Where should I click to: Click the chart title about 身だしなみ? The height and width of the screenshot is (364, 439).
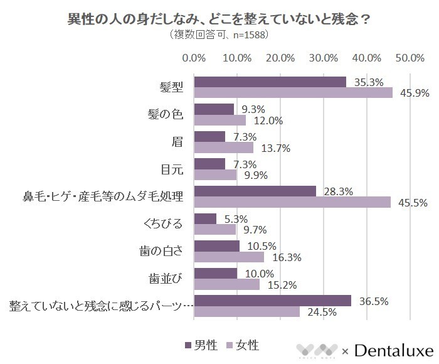coord(219,19)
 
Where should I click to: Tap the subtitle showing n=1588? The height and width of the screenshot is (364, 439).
coord(219,35)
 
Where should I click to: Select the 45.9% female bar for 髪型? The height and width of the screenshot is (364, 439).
coord(293,93)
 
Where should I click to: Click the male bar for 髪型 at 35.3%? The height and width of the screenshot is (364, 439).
coord(270,82)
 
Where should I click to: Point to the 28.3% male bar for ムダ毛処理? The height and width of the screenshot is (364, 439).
coord(255,191)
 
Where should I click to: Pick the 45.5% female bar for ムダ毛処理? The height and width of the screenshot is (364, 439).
coord(292,202)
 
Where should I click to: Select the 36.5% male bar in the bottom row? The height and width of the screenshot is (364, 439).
coord(272,300)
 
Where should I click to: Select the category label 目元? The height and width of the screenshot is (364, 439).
coord(171,169)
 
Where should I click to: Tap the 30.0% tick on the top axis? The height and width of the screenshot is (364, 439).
coord(324,58)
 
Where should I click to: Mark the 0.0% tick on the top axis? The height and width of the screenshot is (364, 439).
coord(194,58)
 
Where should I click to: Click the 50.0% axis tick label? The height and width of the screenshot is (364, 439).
coord(410,58)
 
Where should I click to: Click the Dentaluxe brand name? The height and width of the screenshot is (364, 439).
coord(393,349)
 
